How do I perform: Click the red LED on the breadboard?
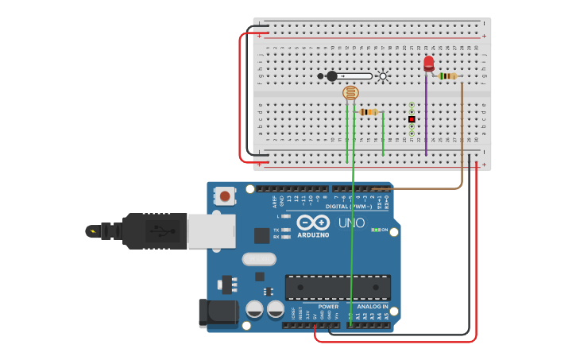coord(429,64)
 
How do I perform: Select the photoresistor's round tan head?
coord(350,93)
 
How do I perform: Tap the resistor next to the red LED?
coord(448,76)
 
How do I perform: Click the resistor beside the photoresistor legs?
coord(368,112)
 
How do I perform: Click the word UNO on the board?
coord(351,223)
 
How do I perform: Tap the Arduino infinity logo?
coord(314,223)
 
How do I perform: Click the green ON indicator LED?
coord(374,230)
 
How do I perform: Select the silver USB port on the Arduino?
coord(211,230)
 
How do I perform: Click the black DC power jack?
coord(217,312)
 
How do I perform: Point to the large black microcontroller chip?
coord(338,287)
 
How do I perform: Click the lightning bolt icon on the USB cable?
coord(95,232)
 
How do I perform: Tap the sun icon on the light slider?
coord(383,76)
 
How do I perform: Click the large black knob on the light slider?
coord(332,76)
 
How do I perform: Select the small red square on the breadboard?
coord(412,119)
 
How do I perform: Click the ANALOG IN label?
coord(373,307)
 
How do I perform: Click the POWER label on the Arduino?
coord(328,307)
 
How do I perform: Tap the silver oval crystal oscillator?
coord(259,259)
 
